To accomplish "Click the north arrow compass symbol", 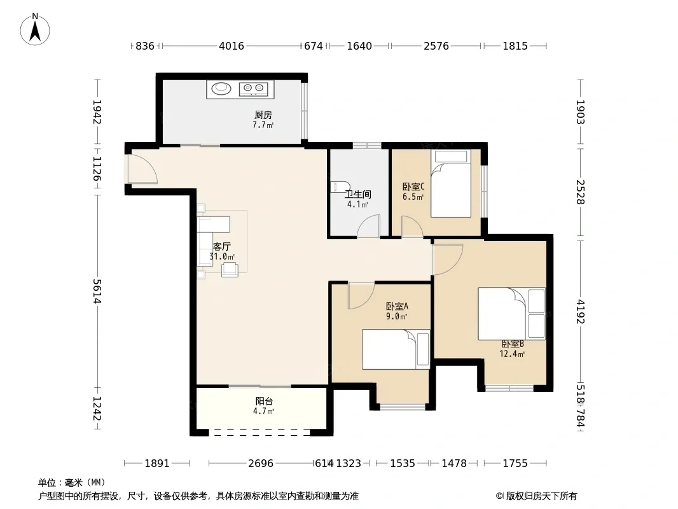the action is tap(35, 29).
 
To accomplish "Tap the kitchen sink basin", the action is tap(221, 88).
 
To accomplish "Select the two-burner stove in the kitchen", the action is tap(253, 89).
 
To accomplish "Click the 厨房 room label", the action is tap(263, 115).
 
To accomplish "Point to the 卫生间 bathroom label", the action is tap(357, 194).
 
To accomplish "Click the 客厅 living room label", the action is tap(221, 246).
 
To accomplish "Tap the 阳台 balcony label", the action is tap(264, 401).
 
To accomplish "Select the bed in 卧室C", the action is tap(450, 183).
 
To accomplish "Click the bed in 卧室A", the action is tap(396, 349).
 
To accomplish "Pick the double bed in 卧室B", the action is tap(511, 314).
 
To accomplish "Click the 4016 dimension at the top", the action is tap(232, 45).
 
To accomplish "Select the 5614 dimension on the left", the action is tap(97, 291).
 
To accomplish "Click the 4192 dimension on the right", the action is tap(580, 312).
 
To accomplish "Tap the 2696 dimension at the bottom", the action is tap(261, 463).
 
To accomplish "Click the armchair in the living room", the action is tap(230, 269).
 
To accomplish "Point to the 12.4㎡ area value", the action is tap(512, 354).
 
